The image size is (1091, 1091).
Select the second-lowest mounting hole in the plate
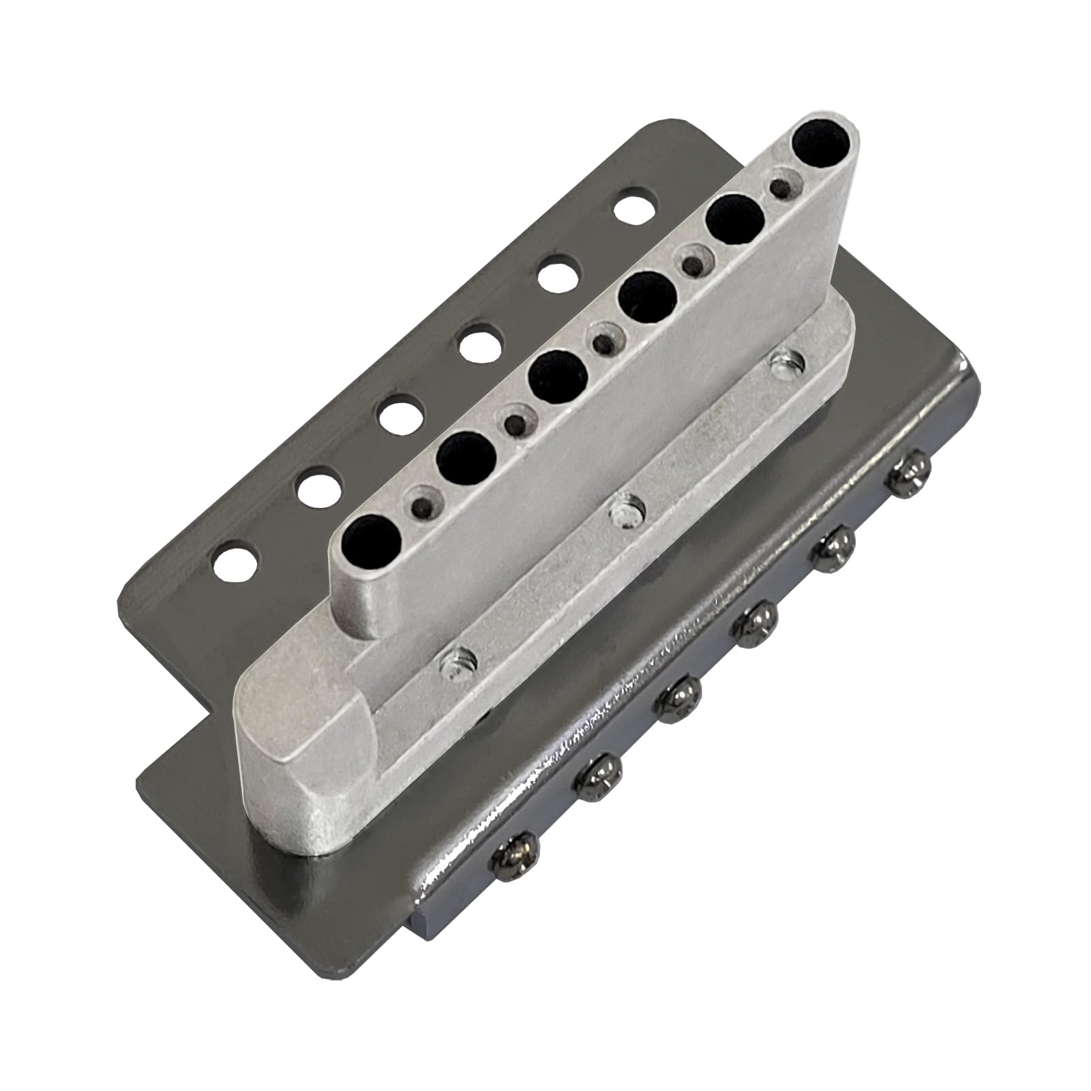point(319,485)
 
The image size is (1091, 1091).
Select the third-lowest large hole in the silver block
point(558,375)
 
